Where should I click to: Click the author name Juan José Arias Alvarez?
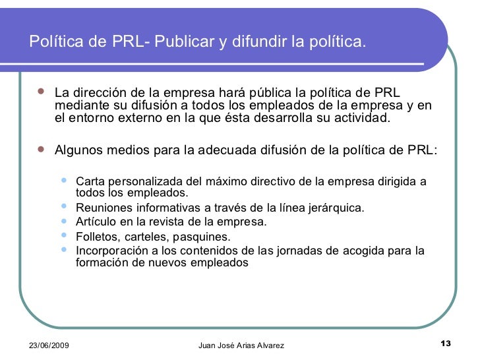pos(241,346)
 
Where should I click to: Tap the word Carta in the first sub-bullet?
pos(90,181)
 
